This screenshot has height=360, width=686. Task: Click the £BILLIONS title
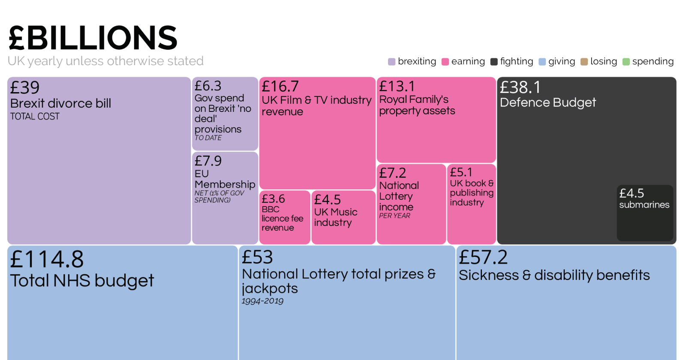click(x=93, y=38)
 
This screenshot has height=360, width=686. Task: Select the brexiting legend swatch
click(x=391, y=62)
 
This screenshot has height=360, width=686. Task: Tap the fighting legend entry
click(x=512, y=62)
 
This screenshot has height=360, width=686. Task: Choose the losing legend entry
click(x=599, y=62)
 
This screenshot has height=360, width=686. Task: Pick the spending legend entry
click(x=648, y=62)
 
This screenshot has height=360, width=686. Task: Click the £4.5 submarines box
click(x=645, y=213)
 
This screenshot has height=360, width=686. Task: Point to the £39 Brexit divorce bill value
click(x=25, y=88)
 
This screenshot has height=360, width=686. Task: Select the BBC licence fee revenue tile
click(x=285, y=217)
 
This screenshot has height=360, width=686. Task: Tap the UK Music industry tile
click(x=343, y=217)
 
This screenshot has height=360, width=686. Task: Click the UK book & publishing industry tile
click(x=472, y=204)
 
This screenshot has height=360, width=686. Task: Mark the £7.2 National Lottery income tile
click(x=411, y=204)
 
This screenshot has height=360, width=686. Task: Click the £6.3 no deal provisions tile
click(x=225, y=114)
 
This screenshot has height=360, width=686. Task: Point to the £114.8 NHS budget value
click(x=47, y=259)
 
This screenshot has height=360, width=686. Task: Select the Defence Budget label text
click(x=548, y=103)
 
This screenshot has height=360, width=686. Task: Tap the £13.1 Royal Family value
click(x=397, y=87)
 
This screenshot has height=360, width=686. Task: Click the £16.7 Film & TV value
click(x=280, y=87)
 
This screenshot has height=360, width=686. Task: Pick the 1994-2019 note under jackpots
click(x=262, y=301)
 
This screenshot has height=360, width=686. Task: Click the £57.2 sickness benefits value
click(x=483, y=258)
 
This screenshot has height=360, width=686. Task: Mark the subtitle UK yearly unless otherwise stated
click(x=105, y=61)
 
